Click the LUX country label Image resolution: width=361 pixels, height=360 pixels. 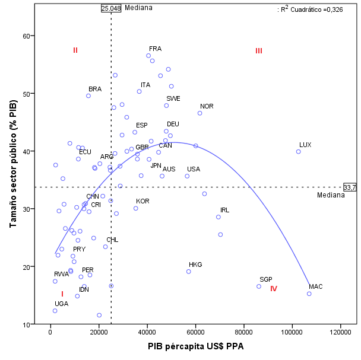(305, 145)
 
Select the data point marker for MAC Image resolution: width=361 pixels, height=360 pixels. (309, 294)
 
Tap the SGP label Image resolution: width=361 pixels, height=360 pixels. (265, 279)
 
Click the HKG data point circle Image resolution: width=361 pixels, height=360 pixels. (189, 272)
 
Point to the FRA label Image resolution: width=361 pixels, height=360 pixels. (155, 49)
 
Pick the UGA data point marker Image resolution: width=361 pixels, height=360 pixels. (55, 311)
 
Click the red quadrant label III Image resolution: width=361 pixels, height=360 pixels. (259, 51)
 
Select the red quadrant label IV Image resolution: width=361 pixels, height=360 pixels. (274, 289)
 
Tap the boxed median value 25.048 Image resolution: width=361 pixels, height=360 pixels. (111, 8)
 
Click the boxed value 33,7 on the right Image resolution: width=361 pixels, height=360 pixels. (350, 187)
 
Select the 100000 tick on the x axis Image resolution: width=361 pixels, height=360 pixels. (292, 333)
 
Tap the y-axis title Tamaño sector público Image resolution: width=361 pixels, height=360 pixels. (13, 164)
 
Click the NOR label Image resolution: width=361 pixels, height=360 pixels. (207, 106)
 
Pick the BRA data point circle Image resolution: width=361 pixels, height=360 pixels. (88, 95)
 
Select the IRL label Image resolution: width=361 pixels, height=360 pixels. (224, 210)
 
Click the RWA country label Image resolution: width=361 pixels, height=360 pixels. (61, 274)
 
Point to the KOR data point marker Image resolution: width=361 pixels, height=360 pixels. (135, 208)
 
